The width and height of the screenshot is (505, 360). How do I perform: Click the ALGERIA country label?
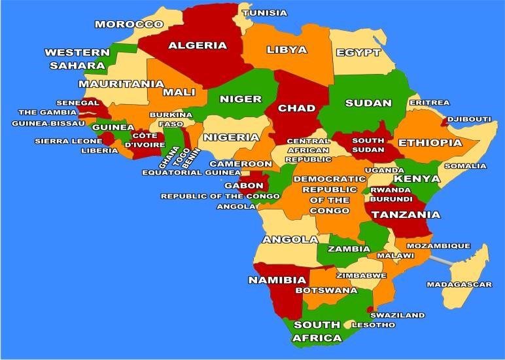tap(198, 46)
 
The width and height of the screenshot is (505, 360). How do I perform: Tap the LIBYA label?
tap(287, 50)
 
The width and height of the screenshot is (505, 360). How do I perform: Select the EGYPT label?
tap(358, 52)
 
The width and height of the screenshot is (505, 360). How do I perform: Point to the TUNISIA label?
tap(265, 13)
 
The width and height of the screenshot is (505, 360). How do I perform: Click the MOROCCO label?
tap(129, 24)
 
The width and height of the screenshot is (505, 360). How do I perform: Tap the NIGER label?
tap(240, 99)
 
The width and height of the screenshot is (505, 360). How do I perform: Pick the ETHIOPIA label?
tap(430, 143)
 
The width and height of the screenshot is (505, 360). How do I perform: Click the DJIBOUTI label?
tap(470, 119)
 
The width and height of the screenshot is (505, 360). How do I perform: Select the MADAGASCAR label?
tap(459, 285)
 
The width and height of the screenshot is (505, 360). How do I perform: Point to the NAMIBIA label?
tap(277, 280)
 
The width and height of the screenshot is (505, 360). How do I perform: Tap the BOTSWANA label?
tap(326, 290)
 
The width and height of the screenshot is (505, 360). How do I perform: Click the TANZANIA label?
tap(406, 214)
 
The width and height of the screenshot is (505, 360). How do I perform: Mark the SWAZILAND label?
tap(397, 315)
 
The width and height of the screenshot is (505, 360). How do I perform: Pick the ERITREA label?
tap(429, 103)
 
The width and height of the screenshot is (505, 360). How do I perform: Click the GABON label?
tap(243, 185)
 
